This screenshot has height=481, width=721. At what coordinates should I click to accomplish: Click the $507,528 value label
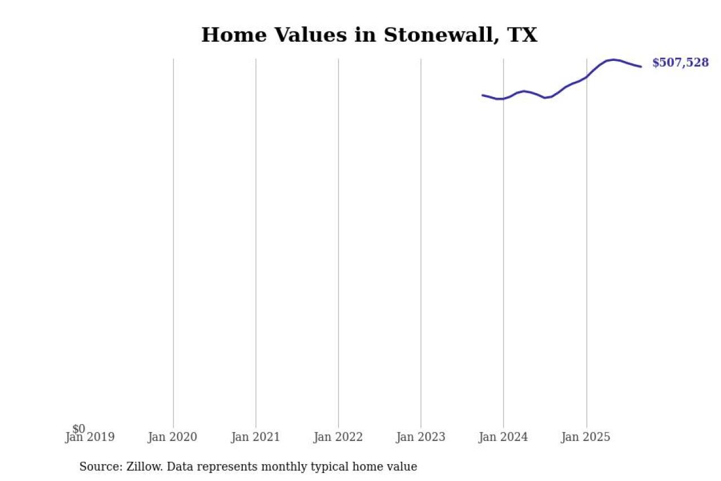click(680, 63)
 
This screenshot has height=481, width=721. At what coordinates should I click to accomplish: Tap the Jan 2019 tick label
click(90, 438)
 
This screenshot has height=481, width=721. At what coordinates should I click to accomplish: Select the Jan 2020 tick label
click(172, 438)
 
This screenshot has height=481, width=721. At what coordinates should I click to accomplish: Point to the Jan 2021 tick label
click(255, 438)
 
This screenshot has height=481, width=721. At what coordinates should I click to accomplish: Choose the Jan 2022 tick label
click(338, 438)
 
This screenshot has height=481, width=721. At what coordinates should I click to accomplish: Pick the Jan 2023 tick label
click(421, 438)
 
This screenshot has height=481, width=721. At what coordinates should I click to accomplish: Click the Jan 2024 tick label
click(504, 438)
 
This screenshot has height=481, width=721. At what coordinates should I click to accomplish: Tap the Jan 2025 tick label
click(586, 438)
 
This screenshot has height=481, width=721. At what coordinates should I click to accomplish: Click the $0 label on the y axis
click(79, 429)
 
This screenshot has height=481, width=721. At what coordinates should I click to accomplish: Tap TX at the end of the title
click(522, 35)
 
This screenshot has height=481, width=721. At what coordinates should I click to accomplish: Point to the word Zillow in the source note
click(140, 467)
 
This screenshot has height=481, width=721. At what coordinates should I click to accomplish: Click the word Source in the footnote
click(98, 467)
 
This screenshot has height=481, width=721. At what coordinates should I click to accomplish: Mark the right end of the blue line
click(640, 67)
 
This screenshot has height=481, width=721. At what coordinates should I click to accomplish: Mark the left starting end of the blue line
click(483, 95)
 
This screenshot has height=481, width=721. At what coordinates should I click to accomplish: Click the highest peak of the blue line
click(613, 59)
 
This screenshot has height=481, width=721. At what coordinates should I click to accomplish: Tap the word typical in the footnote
click(340, 467)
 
